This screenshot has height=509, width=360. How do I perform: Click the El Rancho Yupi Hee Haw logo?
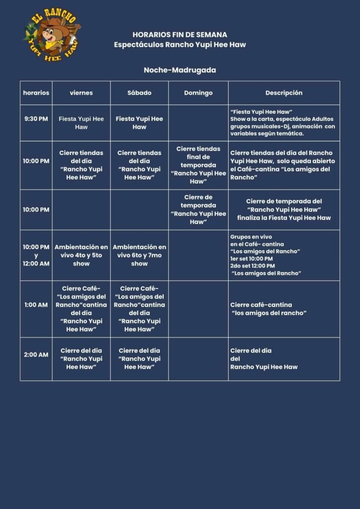click(51, 35)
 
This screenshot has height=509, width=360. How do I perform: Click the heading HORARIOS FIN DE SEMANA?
click(180, 35)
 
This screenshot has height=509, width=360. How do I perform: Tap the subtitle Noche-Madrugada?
click(180, 70)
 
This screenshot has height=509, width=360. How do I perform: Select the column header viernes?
click(81, 93)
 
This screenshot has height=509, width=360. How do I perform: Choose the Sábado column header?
click(139, 93)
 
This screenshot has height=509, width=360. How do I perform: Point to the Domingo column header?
click(198, 93)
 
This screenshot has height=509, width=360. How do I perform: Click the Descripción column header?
click(283, 93)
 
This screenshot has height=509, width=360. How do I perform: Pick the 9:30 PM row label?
click(36, 119)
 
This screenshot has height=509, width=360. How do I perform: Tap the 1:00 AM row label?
click(36, 305)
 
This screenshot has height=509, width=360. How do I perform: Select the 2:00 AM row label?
click(36, 355)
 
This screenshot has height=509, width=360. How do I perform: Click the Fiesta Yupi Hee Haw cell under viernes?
click(81, 123)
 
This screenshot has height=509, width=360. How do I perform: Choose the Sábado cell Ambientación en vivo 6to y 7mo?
click(139, 255)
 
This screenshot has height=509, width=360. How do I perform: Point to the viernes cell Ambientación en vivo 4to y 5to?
click(81, 255)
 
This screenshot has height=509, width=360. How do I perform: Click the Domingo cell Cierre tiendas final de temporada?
click(198, 165)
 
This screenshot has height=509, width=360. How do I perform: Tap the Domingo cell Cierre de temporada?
click(198, 209)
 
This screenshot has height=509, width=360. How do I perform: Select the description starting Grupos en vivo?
click(266, 255)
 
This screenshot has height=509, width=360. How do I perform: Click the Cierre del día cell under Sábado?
click(139, 359)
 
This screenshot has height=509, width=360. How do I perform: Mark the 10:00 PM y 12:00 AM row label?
click(36, 255)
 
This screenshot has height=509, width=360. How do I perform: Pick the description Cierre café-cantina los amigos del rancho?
click(269, 309)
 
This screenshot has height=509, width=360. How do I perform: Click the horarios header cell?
click(36, 93)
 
